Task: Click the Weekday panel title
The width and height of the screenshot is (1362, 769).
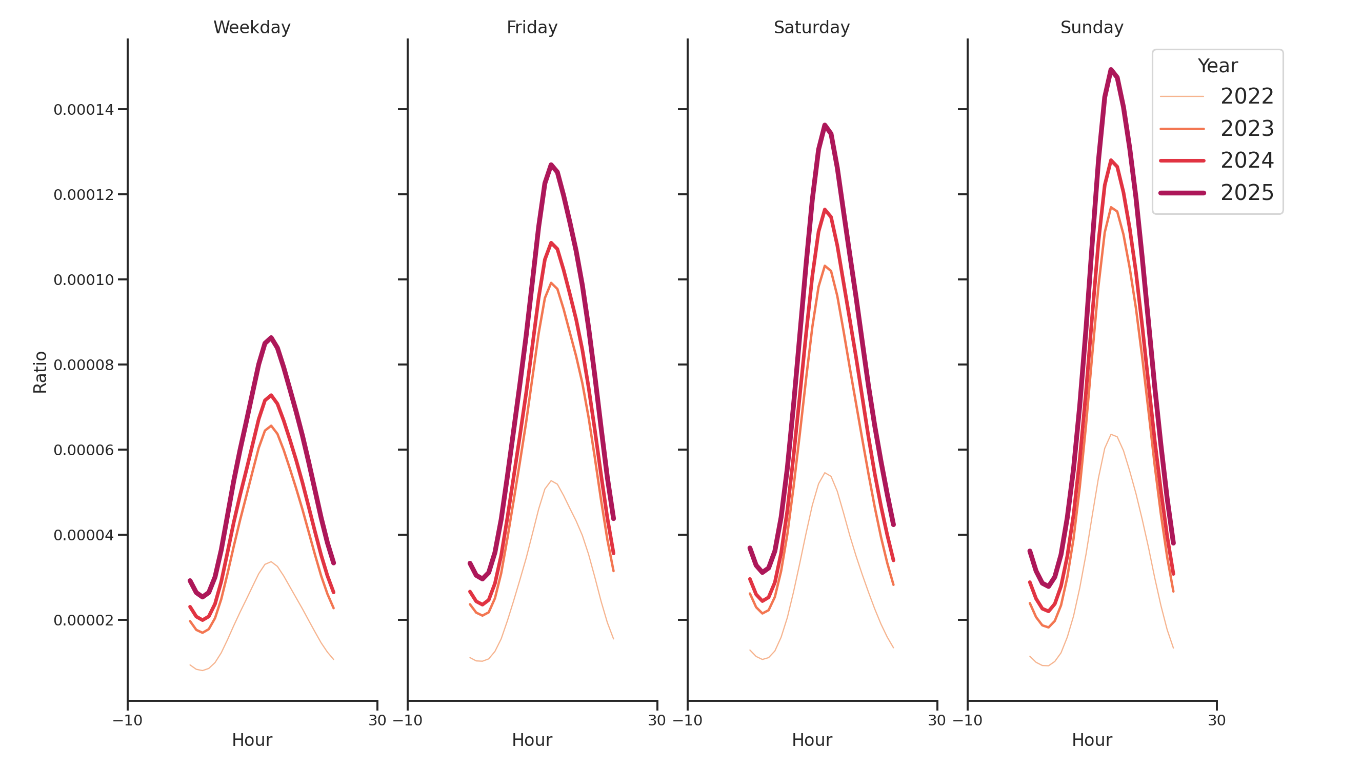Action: click(252, 28)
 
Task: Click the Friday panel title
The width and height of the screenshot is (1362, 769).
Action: click(532, 28)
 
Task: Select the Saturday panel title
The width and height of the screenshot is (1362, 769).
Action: click(812, 28)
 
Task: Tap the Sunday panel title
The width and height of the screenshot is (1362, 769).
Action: click(1092, 28)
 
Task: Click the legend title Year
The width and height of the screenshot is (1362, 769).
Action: click(1217, 66)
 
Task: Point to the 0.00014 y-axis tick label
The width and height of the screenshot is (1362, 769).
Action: click(84, 110)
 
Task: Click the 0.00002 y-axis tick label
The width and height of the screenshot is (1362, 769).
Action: click(84, 620)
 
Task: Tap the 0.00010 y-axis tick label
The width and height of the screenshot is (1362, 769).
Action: click(84, 280)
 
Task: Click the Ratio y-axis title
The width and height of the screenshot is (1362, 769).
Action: click(40, 372)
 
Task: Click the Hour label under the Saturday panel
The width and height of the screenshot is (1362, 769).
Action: click(812, 740)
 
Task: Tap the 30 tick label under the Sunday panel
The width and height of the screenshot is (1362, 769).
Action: click(1216, 720)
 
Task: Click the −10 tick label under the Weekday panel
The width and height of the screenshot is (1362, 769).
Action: click(127, 720)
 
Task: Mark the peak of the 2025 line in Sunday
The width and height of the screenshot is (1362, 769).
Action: click(1111, 69)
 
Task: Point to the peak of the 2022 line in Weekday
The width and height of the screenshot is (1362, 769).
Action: click(271, 562)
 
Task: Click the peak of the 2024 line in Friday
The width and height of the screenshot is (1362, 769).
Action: click(551, 243)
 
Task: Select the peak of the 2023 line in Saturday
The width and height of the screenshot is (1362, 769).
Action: click(825, 266)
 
